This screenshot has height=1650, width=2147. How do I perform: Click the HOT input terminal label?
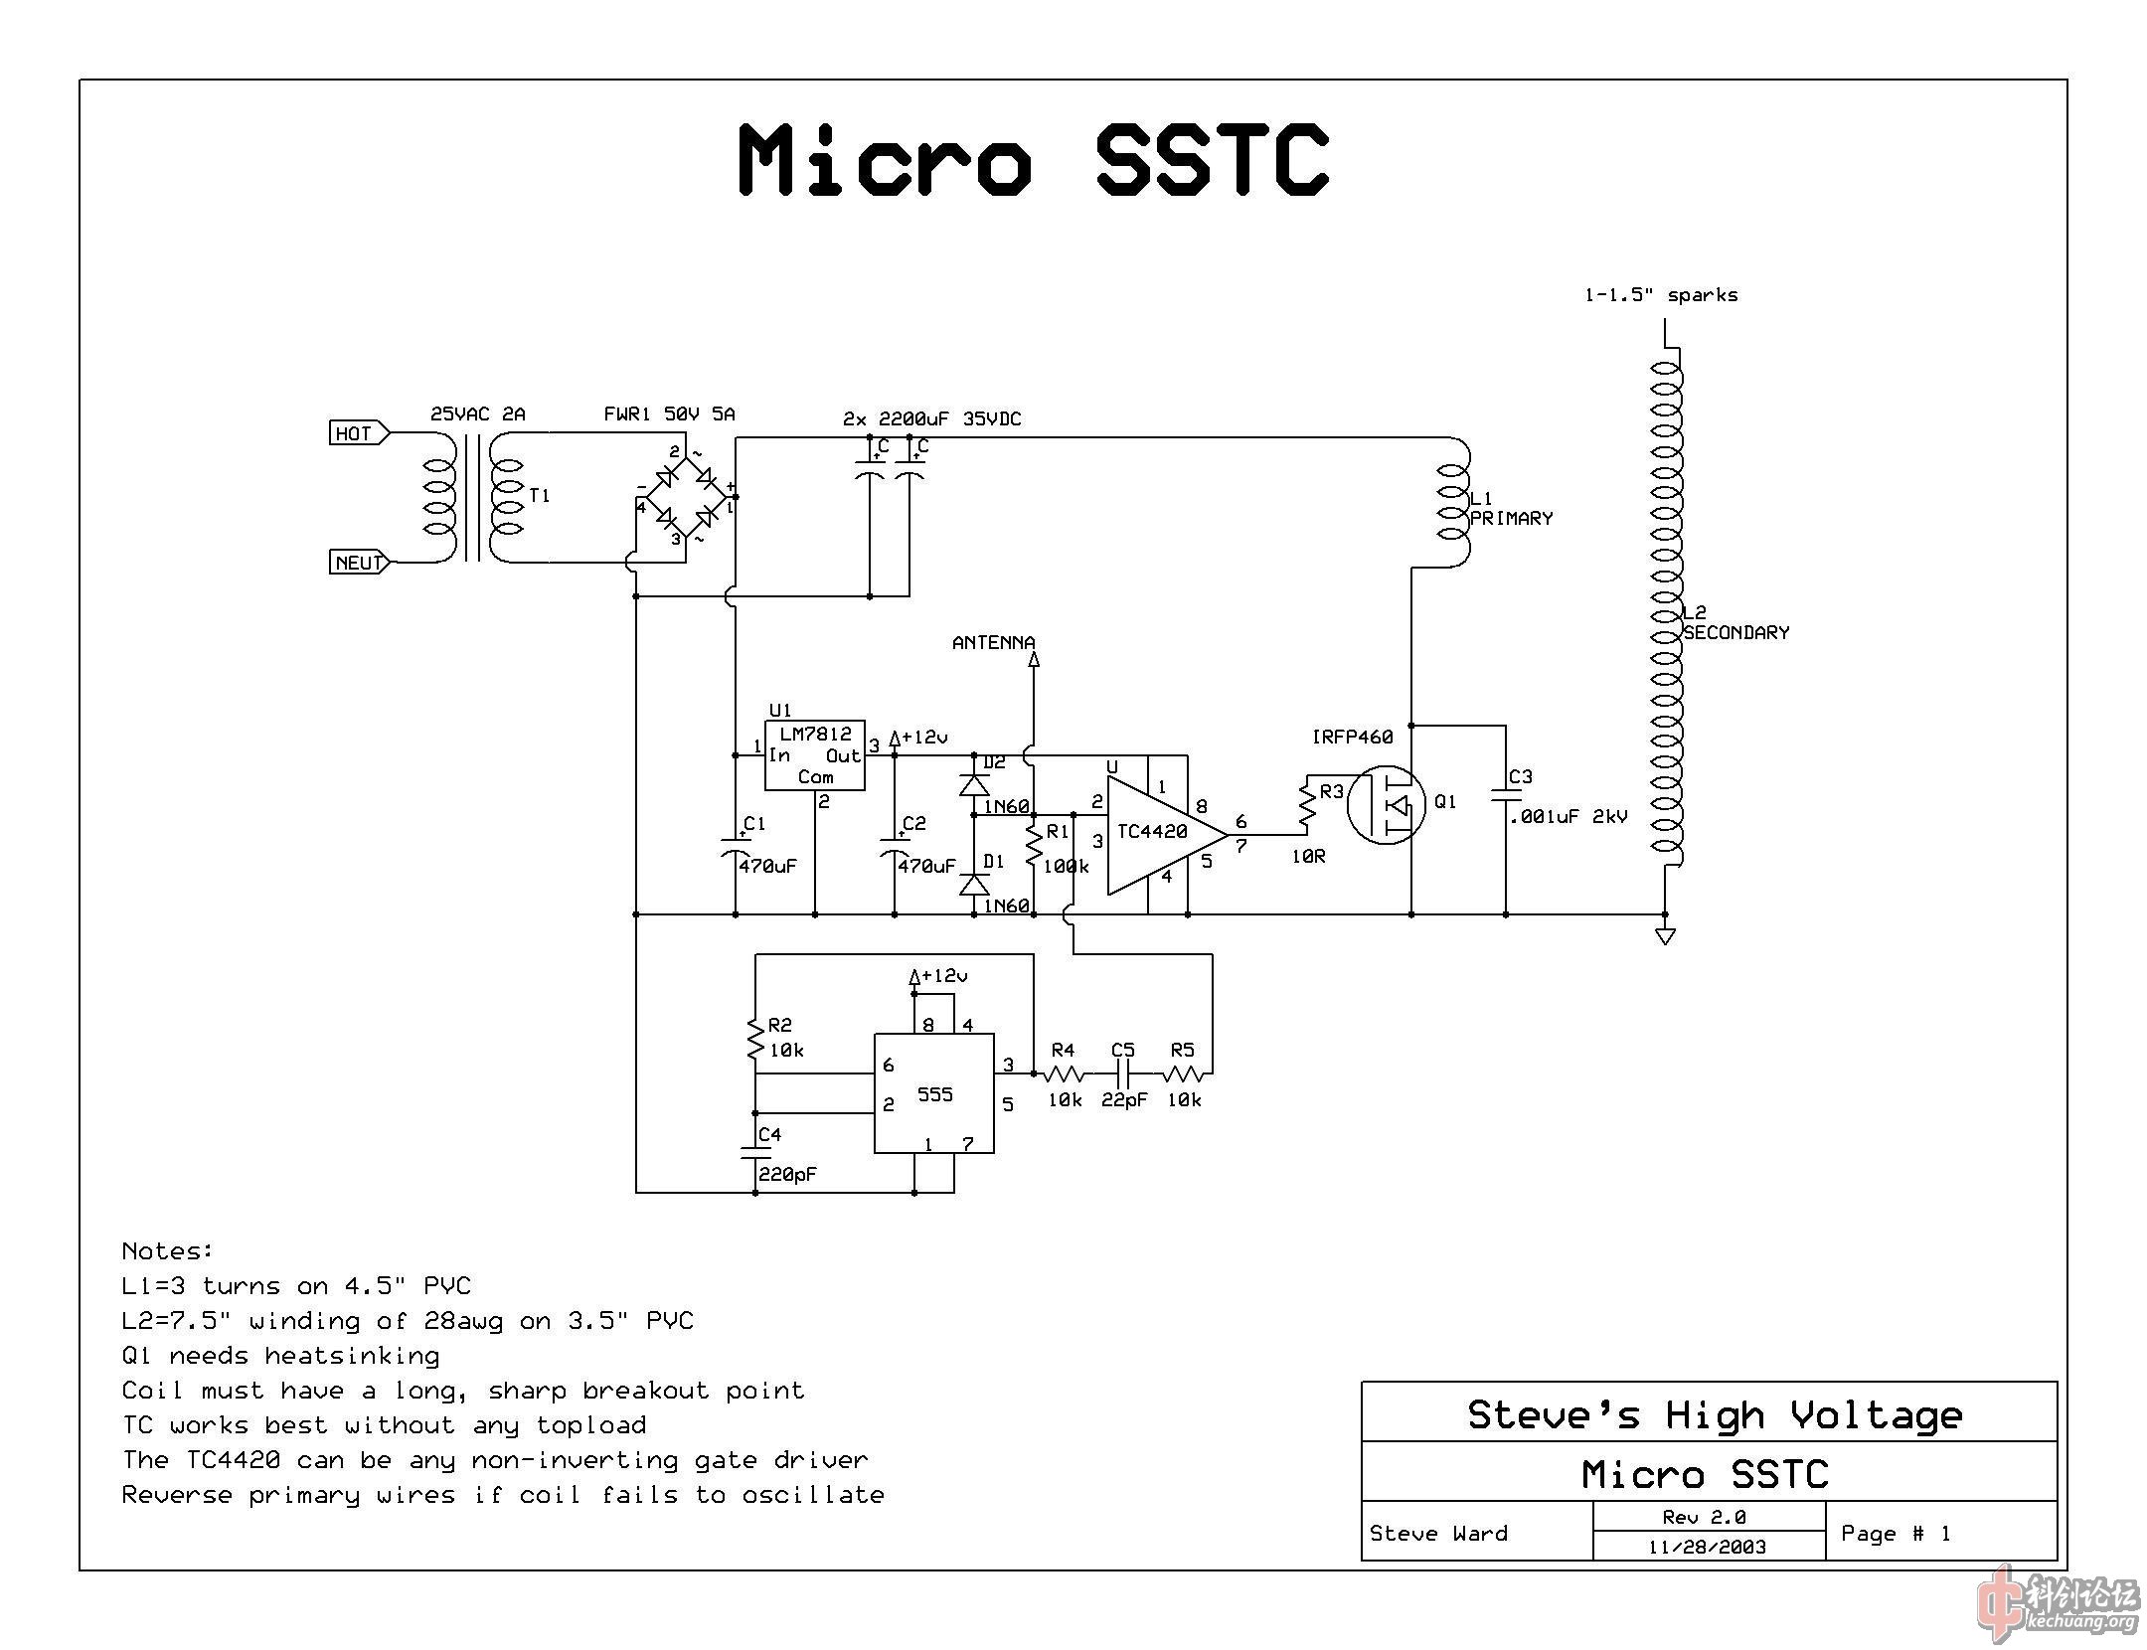coord(354,433)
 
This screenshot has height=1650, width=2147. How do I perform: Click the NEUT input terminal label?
coord(358,563)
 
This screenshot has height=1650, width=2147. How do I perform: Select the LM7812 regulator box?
coord(814,755)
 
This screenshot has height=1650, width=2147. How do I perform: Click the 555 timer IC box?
coord(933,1093)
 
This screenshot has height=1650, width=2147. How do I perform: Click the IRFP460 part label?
coord(1352,737)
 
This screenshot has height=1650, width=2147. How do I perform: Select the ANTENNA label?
coord(993,643)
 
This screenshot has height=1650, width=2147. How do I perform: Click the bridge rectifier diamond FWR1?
coord(686,496)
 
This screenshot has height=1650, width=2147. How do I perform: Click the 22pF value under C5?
coord(1123,1100)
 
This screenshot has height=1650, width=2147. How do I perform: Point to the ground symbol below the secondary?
coord(1665,935)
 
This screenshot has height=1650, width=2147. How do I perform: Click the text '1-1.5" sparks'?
coord(1660,295)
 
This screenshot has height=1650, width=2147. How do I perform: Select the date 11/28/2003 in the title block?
coord(1707,1547)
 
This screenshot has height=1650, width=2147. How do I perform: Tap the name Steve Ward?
coord(1438,1534)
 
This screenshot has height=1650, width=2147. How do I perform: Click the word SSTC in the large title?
coord(1213,161)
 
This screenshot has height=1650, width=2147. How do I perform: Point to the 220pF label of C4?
coord(788,1174)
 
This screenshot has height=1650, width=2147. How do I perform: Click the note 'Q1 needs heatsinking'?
coord(280,1356)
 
